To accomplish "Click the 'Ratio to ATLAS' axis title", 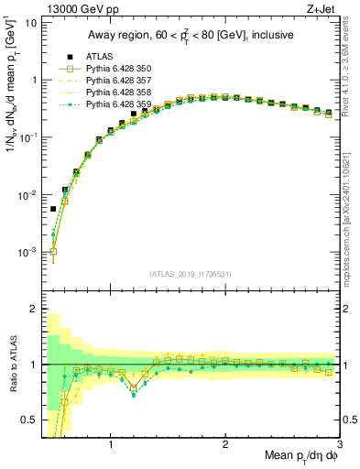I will click(x=12, y=364).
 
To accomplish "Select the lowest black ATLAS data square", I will click(x=53, y=209).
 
